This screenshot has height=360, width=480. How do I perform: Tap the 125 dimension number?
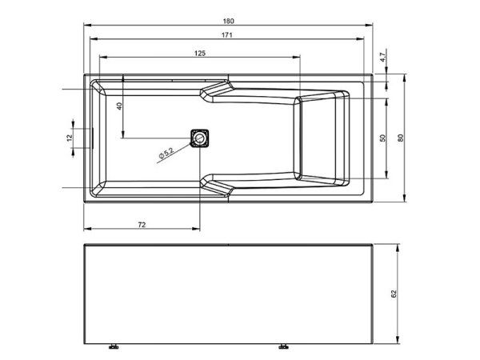pos(201,52)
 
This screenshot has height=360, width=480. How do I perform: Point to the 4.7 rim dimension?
pos(383,58)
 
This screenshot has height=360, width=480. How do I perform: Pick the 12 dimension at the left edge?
pos(70,138)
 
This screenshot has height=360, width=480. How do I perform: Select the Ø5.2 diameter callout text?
pos(166,152)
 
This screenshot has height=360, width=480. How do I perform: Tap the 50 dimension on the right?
pos(383,138)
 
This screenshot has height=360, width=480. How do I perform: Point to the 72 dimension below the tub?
pos(142,224)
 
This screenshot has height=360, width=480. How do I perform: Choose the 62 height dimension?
pos(394,294)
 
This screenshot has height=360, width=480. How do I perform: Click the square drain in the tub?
pos(199,138)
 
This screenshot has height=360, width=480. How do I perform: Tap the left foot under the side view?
pos(113,348)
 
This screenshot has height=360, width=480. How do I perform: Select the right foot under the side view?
pos(284,348)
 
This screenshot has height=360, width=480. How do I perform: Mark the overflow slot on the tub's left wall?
pos(93,138)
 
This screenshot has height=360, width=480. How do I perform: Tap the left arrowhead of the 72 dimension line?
pos(86,230)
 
